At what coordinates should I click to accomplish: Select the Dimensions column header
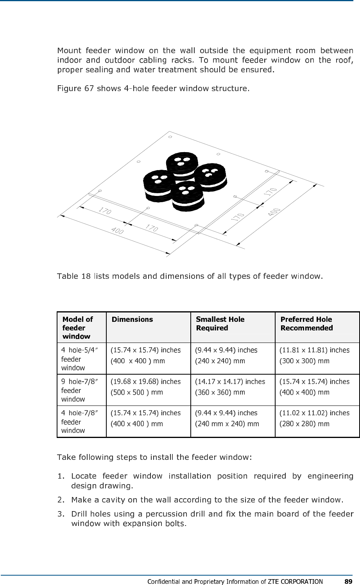tap(132, 319)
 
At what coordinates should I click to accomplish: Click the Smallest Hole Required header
tap(220, 323)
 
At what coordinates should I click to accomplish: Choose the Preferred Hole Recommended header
tap(306, 323)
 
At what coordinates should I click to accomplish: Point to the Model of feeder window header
tap(77, 328)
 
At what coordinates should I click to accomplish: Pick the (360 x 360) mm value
tap(220, 392)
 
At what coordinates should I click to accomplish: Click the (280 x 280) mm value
tap(304, 423)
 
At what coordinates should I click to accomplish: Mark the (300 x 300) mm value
tap(304, 361)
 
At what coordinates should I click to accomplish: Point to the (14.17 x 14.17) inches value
tap(229, 381)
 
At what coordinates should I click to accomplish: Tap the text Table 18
tap(73, 277)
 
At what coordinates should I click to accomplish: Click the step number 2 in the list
tap(60, 499)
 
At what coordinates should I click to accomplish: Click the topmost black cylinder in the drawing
tap(181, 164)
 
